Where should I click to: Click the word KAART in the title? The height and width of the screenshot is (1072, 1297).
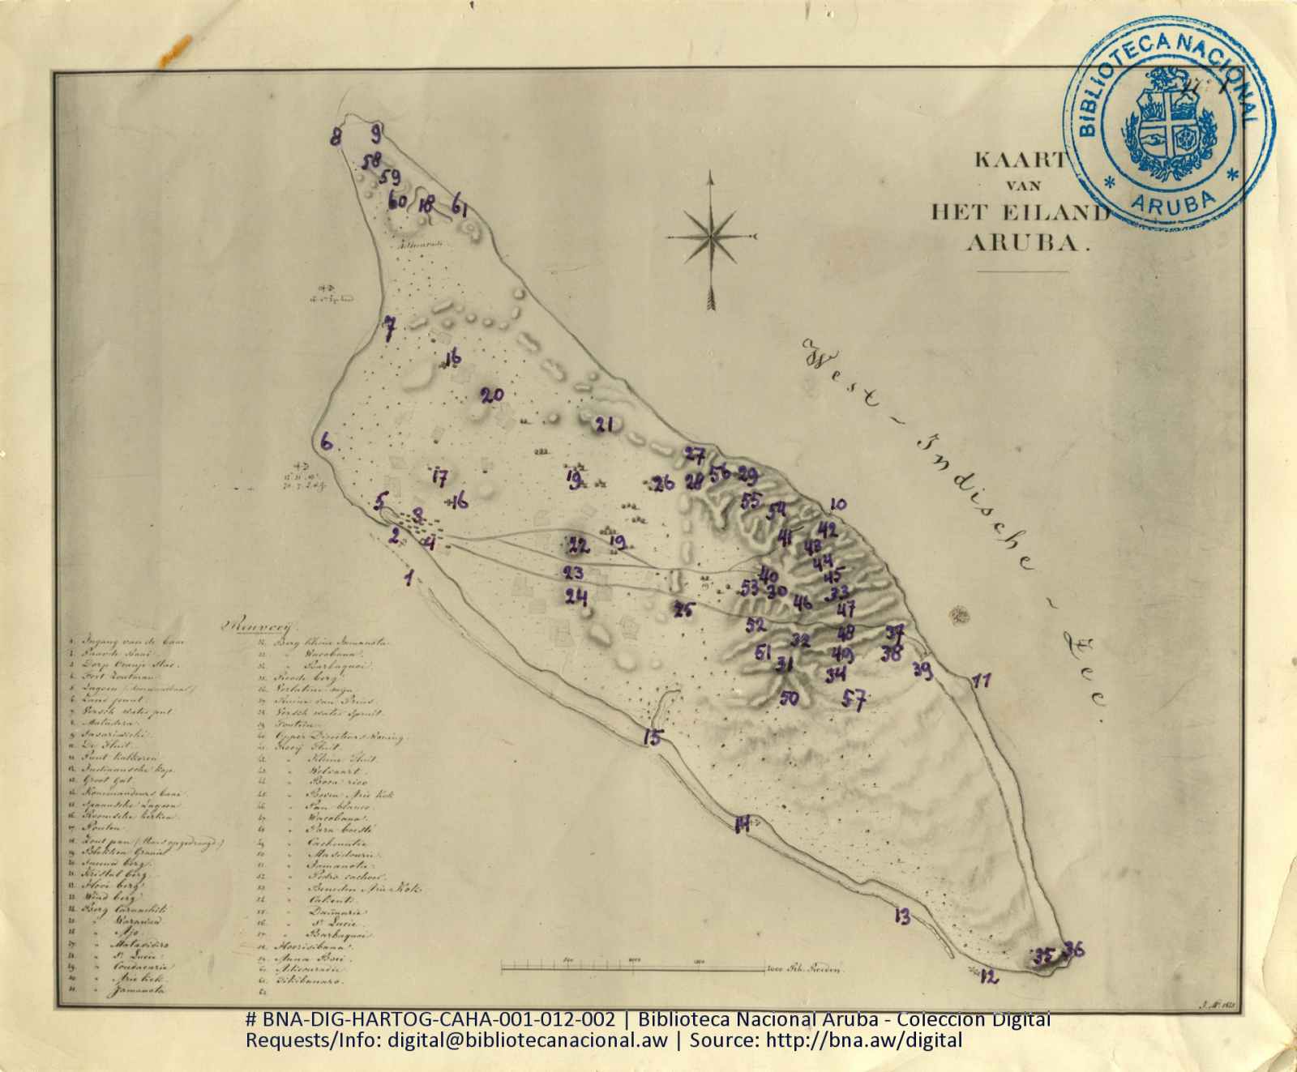click(x=1020, y=160)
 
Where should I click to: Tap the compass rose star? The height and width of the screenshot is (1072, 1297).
click(x=710, y=237)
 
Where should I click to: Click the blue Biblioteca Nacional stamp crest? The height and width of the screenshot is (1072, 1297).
click(x=1168, y=124)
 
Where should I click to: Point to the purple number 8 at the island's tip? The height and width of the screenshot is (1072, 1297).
click(x=336, y=137)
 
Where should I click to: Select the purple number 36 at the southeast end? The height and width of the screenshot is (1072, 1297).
click(x=1074, y=949)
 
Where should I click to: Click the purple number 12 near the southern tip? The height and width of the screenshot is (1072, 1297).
click(x=989, y=977)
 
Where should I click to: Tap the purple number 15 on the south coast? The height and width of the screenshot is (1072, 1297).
click(x=653, y=737)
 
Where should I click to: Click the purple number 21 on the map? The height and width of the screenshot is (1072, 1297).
click(x=604, y=425)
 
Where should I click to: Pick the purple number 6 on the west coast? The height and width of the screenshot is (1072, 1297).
click(x=326, y=442)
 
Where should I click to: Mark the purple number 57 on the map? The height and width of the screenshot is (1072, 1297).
click(x=854, y=699)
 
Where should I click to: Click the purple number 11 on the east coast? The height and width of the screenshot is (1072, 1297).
click(x=982, y=681)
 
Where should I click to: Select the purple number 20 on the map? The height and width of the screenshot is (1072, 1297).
click(x=492, y=395)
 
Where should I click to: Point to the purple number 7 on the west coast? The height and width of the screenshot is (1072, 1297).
click(x=390, y=327)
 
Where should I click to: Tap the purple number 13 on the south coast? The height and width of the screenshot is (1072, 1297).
click(x=902, y=916)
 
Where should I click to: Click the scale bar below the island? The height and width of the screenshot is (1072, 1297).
click(x=632, y=967)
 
